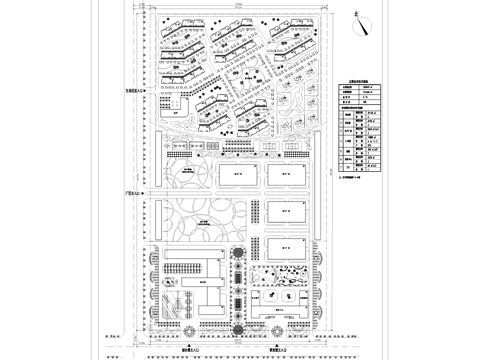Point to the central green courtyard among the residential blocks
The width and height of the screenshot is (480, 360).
[241, 74]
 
